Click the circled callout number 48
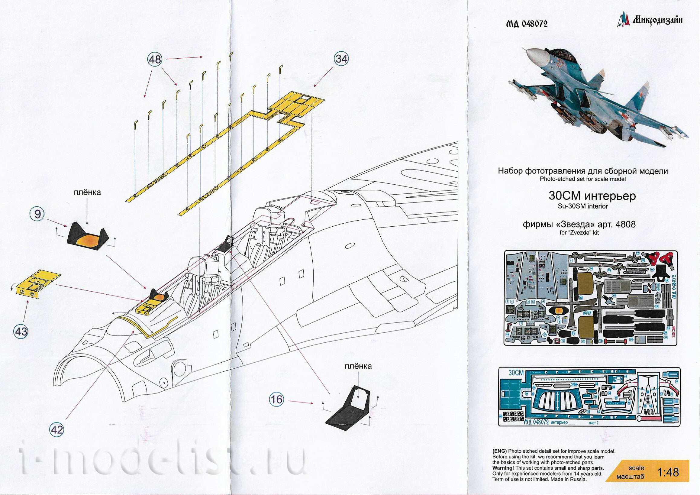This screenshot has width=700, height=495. (155, 59)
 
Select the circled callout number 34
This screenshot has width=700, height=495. (341, 59)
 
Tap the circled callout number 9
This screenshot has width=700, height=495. (37, 214)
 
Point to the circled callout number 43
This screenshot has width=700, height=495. (21, 331)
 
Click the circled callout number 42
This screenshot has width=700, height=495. (57, 430)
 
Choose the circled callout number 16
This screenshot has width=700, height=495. (276, 400)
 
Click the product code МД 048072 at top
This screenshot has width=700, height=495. (527, 24)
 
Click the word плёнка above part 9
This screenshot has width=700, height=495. (87, 192)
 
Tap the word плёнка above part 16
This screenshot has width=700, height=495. (358, 366)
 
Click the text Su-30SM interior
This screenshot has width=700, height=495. (582, 206)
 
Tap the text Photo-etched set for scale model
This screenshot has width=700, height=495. (582, 179)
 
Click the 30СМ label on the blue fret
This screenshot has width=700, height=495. (516, 373)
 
